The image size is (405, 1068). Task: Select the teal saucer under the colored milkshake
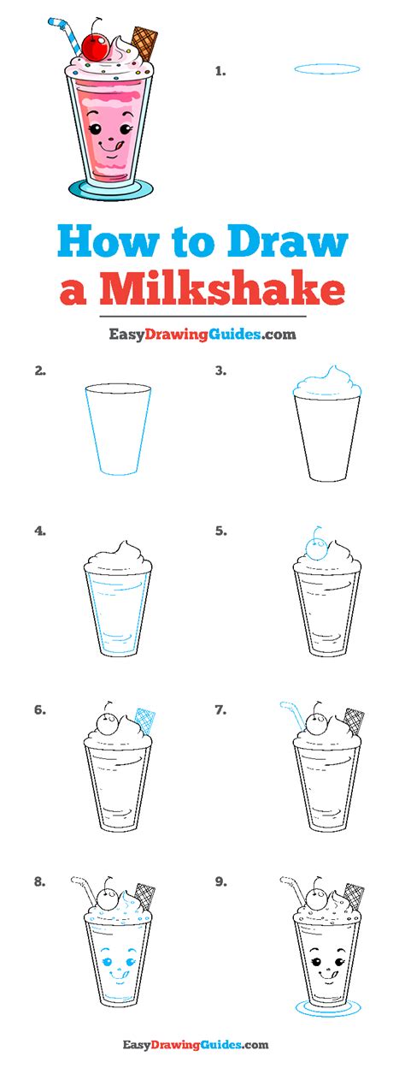point(111,189)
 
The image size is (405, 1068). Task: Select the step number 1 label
point(220,72)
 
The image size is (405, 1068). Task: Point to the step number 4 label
point(40,531)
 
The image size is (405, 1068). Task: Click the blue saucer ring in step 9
point(326,1012)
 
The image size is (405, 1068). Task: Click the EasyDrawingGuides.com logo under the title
point(202,335)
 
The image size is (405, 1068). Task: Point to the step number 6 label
point(40,710)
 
